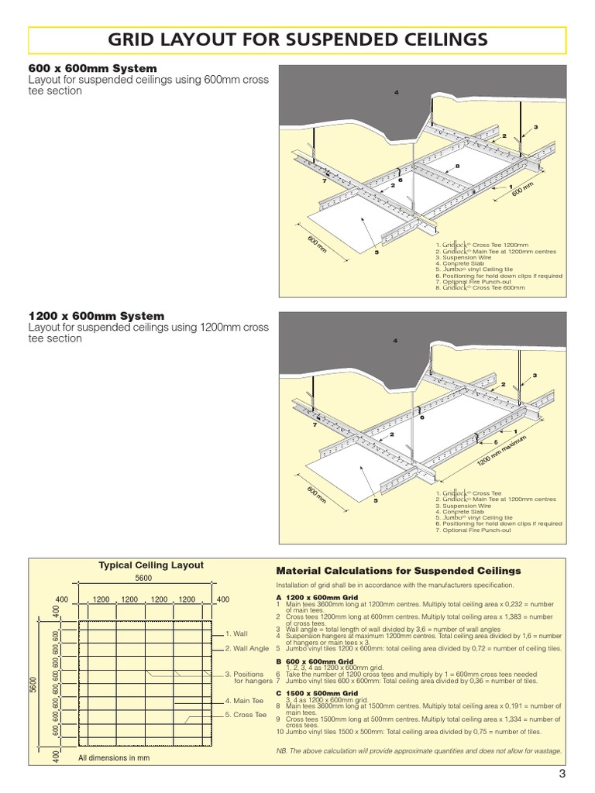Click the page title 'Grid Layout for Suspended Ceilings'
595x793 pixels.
(x=297, y=40)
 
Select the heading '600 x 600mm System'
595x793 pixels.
(x=92, y=69)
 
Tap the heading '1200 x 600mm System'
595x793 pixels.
(x=96, y=316)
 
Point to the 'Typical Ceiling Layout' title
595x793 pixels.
(x=151, y=565)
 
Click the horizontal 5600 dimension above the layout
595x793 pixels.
(x=144, y=578)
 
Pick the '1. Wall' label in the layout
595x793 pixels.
(x=237, y=633)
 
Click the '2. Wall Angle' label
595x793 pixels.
(x=247, y=648)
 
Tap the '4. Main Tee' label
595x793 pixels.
(x=244, y=701)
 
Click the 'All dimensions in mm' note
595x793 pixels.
(x=114, y=757)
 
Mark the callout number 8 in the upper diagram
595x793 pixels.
(x=458, y=166)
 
